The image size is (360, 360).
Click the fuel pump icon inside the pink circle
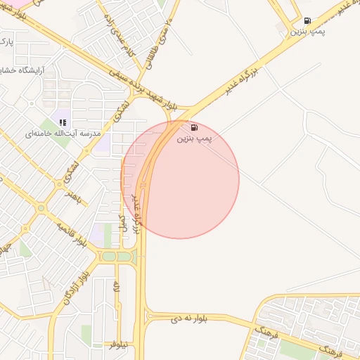(x=194, y=128)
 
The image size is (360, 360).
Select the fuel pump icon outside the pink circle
(x=308, y=20)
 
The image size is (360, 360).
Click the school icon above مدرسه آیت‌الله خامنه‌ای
(x=63, y=122)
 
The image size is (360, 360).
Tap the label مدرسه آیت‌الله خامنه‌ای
(x=63, y=134)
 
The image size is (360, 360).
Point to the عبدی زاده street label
(x=119, y=35)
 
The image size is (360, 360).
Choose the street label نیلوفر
(x=118, y=345)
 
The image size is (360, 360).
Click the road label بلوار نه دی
(x=187, y=319)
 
